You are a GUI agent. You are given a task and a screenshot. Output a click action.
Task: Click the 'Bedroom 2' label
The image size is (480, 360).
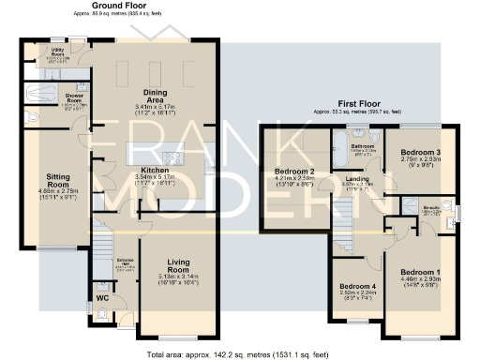coord(294,172)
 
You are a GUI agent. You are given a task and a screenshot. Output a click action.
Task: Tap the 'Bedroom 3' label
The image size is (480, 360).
coord(420,152)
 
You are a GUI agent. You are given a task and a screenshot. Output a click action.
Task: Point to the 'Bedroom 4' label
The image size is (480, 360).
coord(357,286)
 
